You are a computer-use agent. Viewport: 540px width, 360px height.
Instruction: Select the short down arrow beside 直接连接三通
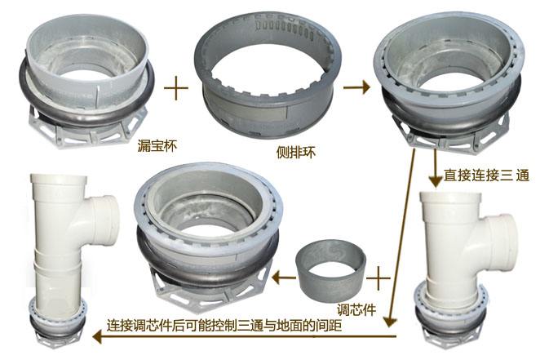coord(435,171)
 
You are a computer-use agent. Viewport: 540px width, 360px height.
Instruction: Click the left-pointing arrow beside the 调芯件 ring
coord(283,278)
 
